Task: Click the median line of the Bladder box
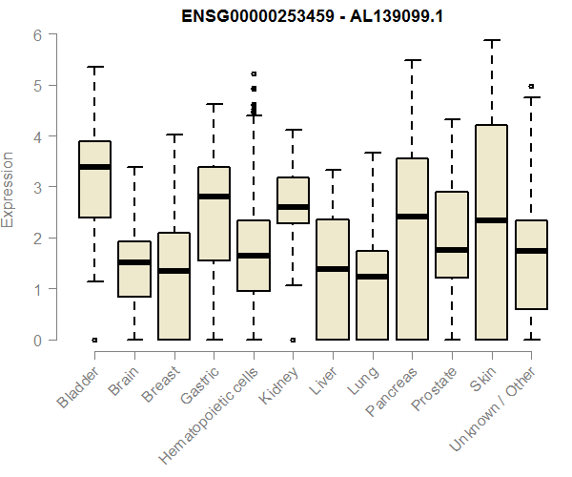click(x=94, y=167)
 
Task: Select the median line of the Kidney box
click(x=293, y=207)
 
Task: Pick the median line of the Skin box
click(x=491, y=220)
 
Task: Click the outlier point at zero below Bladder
click(x=94, y=340)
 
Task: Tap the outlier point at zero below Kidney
click(x=293, y=340)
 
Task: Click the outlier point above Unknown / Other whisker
click(x=531, y=86)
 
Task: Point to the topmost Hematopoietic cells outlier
click(x=254, y=73)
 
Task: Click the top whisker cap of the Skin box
click(x=491, y=41)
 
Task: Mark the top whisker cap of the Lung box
click(x=372, y=153)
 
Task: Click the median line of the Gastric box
click(x=214, y=197)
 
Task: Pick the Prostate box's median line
click(x=452, y=250)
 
